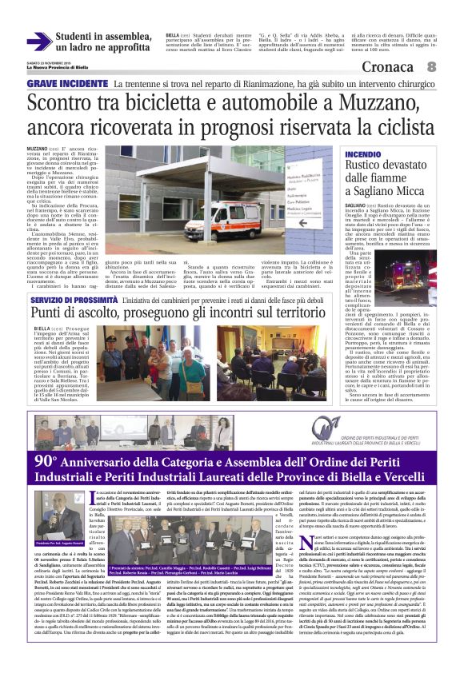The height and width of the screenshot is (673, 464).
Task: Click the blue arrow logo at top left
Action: pos(38,41)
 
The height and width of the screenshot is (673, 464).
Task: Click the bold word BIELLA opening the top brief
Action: pos(173,35)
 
